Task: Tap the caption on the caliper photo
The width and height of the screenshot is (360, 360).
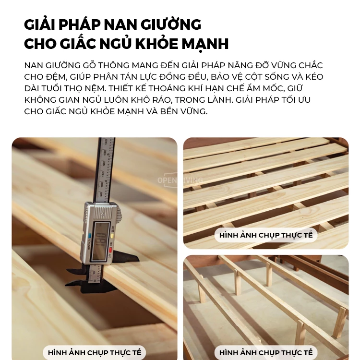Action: tap(94, 353)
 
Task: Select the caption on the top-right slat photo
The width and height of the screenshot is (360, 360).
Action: tap(265, 235)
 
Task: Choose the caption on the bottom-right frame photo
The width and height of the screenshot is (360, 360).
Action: tap(265, 353)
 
